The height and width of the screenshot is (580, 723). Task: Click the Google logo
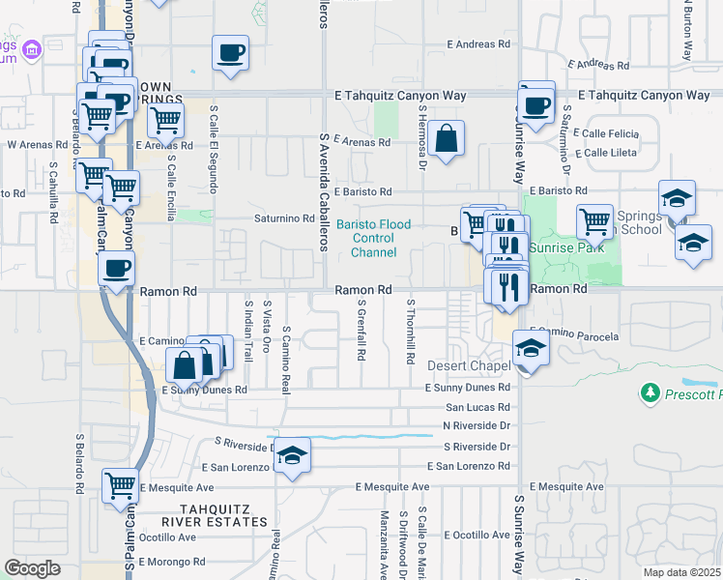[x=32, y=569]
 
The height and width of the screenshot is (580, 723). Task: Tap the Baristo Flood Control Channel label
[x=373, y=239]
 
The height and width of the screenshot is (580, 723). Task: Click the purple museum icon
[x=32, y=48]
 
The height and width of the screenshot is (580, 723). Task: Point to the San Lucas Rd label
[x=477, y=408]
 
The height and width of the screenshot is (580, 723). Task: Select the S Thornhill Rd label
[x=410, y=330]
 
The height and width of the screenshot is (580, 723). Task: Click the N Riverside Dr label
[x=476, y=425]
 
